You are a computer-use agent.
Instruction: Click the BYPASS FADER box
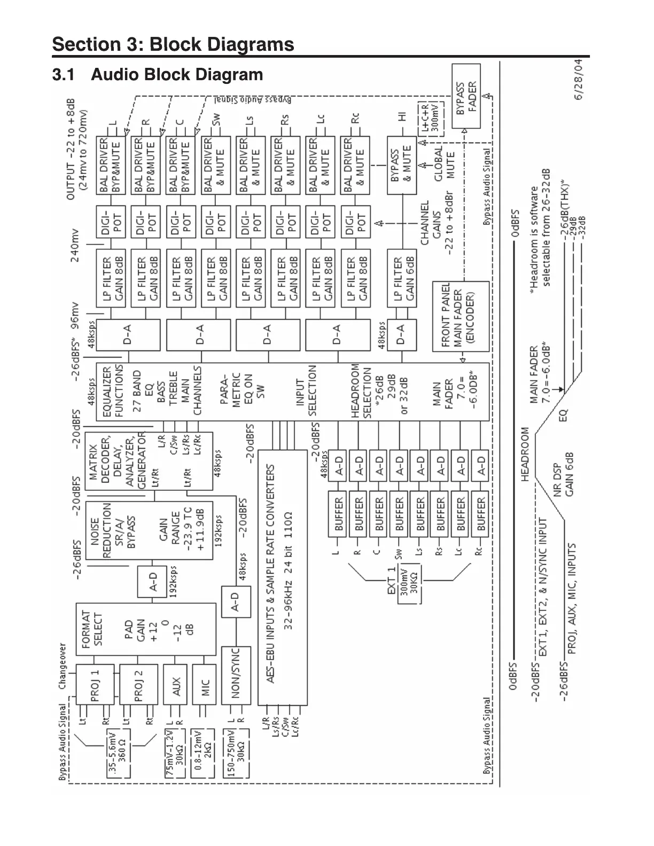pyautogui.click(x=466, y=97)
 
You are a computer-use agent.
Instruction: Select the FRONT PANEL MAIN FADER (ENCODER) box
pyautogui.click(x=460, y=316)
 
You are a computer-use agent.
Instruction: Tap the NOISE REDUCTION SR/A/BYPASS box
pyautogui.click(x=149, y=530)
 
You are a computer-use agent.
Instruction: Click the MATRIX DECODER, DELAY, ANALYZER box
pyautogui.click(x=149, y=461)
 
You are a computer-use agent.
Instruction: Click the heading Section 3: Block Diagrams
pyautogui.click(x=173, y=44)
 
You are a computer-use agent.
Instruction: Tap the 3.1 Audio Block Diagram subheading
pyautogui.click(x=158, y=74)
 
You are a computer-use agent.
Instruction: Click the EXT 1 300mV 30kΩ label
pyautogui.click(x=408, y=585)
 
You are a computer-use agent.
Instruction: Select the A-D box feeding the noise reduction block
pyautogui.click(x=153, y=581)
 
